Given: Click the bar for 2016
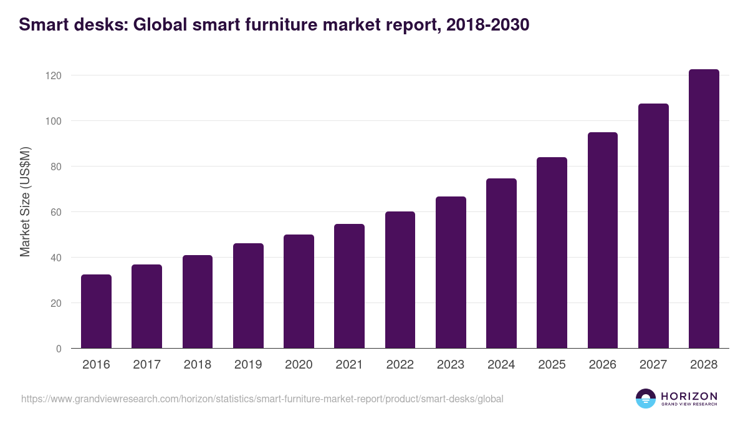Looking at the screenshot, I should pos(96,311).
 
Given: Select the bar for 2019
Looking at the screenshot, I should pos(248,296).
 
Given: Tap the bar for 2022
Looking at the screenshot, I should pos(400,280).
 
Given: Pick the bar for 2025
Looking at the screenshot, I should pos(552,253).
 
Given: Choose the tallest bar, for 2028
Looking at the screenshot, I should pos(704,209).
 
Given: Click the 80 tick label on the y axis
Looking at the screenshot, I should pos(57,167).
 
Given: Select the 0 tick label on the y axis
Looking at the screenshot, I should pos(59,349).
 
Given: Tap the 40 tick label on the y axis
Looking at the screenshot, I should pos(57,258).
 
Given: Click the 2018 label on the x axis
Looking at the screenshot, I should pos(197,365).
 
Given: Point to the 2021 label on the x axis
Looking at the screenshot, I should pos(349,365).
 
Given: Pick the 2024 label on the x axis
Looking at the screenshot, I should pos(501,365).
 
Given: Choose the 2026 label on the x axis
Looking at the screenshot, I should pos(602,365).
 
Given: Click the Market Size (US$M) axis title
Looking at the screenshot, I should pos(25,202).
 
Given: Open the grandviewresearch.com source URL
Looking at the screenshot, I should pos(262,399).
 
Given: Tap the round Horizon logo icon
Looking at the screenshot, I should pos(645,399).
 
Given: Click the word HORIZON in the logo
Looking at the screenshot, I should pos(689,395).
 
